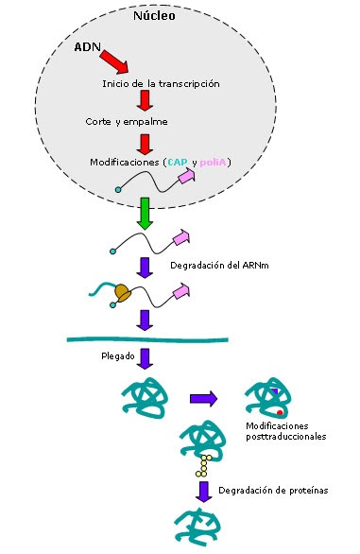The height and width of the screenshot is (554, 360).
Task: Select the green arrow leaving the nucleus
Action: tap(146, 213)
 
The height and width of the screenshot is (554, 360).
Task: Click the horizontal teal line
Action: tap(146, 339)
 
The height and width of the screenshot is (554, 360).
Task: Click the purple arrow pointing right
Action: tap(204, 399)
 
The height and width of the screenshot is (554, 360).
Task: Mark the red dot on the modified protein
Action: tap(280, 413)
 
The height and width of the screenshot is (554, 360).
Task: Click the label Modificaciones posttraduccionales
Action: tap(292, 431)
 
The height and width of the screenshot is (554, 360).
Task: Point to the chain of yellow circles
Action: tap(201, 464)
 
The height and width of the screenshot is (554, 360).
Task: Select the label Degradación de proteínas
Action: tap(273, 491)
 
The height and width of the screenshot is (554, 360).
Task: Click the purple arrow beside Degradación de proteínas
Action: tap(202, 492)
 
